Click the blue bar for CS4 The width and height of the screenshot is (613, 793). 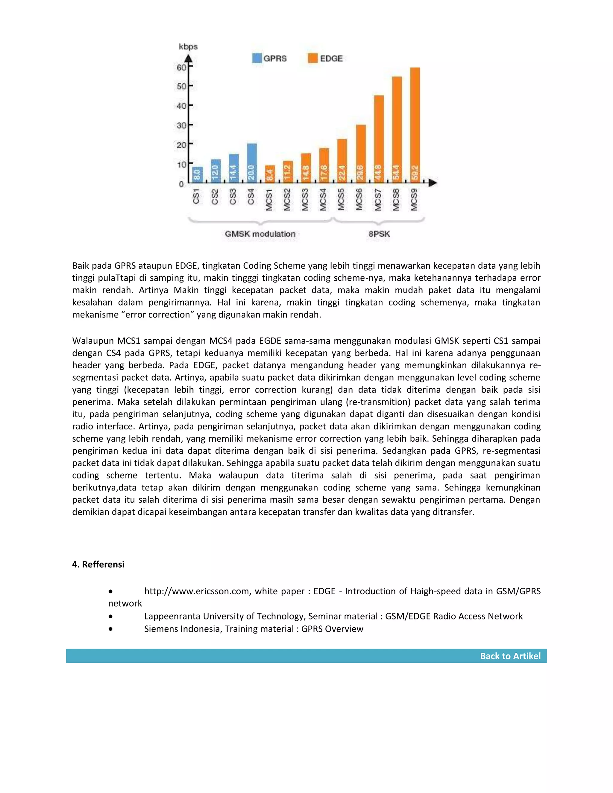point(252,163)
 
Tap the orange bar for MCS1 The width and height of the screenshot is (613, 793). point(269,174)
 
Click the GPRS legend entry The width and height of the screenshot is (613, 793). point(269,58)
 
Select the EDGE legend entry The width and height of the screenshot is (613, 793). point(325,58)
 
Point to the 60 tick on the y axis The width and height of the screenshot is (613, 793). point(182,67)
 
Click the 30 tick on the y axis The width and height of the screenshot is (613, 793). point(182,125)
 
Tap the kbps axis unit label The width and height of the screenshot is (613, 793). point(188,46)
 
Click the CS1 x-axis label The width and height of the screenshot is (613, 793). point(196,196)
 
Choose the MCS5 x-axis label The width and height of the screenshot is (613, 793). point(341,199)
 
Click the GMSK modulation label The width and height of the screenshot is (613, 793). point(260,234)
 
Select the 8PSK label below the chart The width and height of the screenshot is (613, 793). point(379,234)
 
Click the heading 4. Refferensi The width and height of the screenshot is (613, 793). point(98,564)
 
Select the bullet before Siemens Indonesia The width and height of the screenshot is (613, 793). point(110,629)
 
